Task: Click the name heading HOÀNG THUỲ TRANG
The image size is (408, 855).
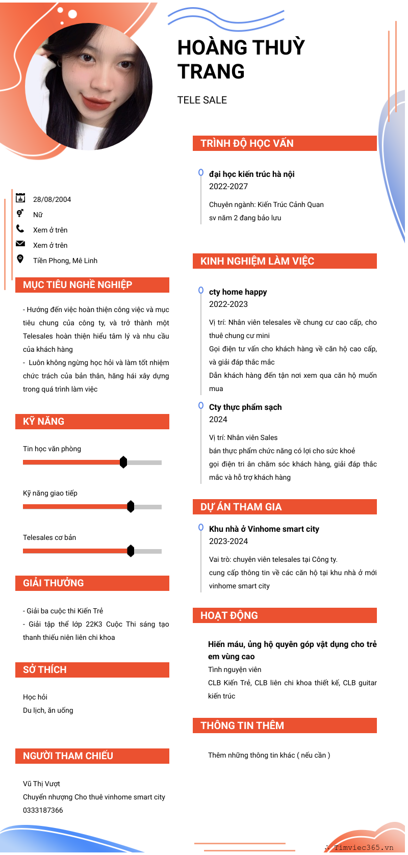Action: [x=241, y=59]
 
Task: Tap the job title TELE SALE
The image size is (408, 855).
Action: [x=202, y=100]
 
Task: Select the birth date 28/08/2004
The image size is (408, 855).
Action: [x=52, y=199]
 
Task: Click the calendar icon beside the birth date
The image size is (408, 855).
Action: [x=20, y=198]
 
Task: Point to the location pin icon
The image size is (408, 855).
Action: [x=20, y=259]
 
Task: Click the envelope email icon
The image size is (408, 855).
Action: [x=20, y=243]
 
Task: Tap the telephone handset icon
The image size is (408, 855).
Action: [x=20, y=228]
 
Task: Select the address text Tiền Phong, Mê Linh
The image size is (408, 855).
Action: [x=65, y=261]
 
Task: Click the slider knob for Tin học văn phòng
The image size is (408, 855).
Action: [x=123, y=462]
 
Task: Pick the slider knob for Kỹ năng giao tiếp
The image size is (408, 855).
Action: [x=131, y=507]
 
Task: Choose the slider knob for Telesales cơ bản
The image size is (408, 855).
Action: [x=131, y=551]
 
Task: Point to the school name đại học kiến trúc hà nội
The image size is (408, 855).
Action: [x=252, y=174]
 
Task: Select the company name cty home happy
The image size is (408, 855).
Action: [x=238, y=292]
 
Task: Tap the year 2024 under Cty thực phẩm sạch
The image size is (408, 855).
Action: [x=218, y=420]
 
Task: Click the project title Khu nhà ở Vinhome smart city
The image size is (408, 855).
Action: [x=264, y=529]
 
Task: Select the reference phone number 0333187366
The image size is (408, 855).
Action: [x=43, y=810]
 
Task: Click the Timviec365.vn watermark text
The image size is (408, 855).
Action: [x=364, y=848]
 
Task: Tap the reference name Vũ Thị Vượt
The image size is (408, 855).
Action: [x=41, y=784]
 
